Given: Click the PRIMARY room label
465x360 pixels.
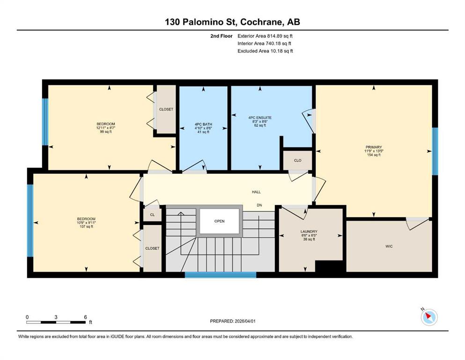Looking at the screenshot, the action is point(374,147).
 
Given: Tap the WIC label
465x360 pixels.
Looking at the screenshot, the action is point(389,247).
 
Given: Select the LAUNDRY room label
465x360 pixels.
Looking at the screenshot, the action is point(309,232).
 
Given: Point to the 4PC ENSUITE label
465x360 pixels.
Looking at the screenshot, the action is point(260,118).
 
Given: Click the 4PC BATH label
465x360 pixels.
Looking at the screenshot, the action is point(203,124).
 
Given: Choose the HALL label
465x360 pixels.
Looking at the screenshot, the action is point(256,192).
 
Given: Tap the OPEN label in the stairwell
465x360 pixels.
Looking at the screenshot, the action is point(220,221).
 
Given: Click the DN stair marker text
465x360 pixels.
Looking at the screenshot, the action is point(259,205).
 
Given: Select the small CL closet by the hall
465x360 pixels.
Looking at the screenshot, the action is point(153,215).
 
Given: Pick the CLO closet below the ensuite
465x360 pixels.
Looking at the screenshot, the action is point(297,160).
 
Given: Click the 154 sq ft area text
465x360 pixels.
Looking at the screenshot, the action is point(374,155).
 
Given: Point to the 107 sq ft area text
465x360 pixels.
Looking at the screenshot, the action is point(86,226).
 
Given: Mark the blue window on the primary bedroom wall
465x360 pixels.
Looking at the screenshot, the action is point(435,151).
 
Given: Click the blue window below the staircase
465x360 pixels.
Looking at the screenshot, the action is point(221,275).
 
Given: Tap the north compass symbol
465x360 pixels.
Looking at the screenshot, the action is point(429,317).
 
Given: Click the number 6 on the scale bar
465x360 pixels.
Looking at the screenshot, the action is point(85,317).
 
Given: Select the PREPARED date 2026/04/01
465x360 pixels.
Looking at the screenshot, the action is point(245,321).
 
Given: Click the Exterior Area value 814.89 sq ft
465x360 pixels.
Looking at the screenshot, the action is point(280,36).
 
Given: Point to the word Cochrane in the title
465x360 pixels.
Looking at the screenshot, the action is point(261,22).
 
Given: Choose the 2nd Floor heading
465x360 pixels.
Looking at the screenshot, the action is point(221,36).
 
